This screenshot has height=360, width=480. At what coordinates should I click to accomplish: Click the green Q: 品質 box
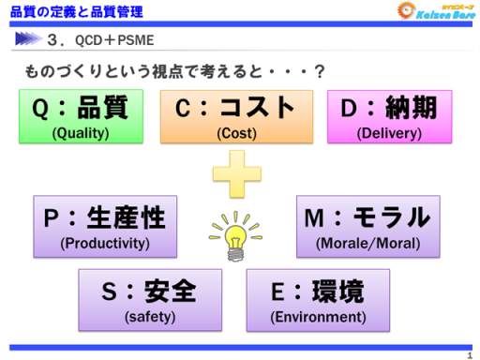pyautogui.click(x=81, y=116)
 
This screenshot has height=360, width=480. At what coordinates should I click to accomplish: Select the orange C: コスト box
pyautogui.click(x=236, y=116)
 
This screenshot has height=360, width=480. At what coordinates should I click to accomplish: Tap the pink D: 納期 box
pyautogui.click(x=389, y=116)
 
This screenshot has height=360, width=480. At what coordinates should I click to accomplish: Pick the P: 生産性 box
pyautogui.click(x=105, y=226)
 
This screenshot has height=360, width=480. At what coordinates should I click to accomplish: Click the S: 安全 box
pyautogui.click(x=149, y=300)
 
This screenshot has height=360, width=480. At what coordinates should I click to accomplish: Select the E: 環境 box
pyautogui.click(x=318, y=300)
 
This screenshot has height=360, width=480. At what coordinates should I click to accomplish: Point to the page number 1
pyautogui.click(x=469, y=353)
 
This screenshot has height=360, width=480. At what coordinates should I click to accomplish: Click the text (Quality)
pyautogui.click(x=81, y=132)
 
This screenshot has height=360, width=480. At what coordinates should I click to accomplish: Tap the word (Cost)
pyautogui.click(x=236, y=132)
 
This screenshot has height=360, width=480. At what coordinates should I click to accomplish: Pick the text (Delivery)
pyautogui.click(x=389, y=132)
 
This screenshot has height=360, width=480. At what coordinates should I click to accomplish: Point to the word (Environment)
pyautogui.click(x=318, y=317)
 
